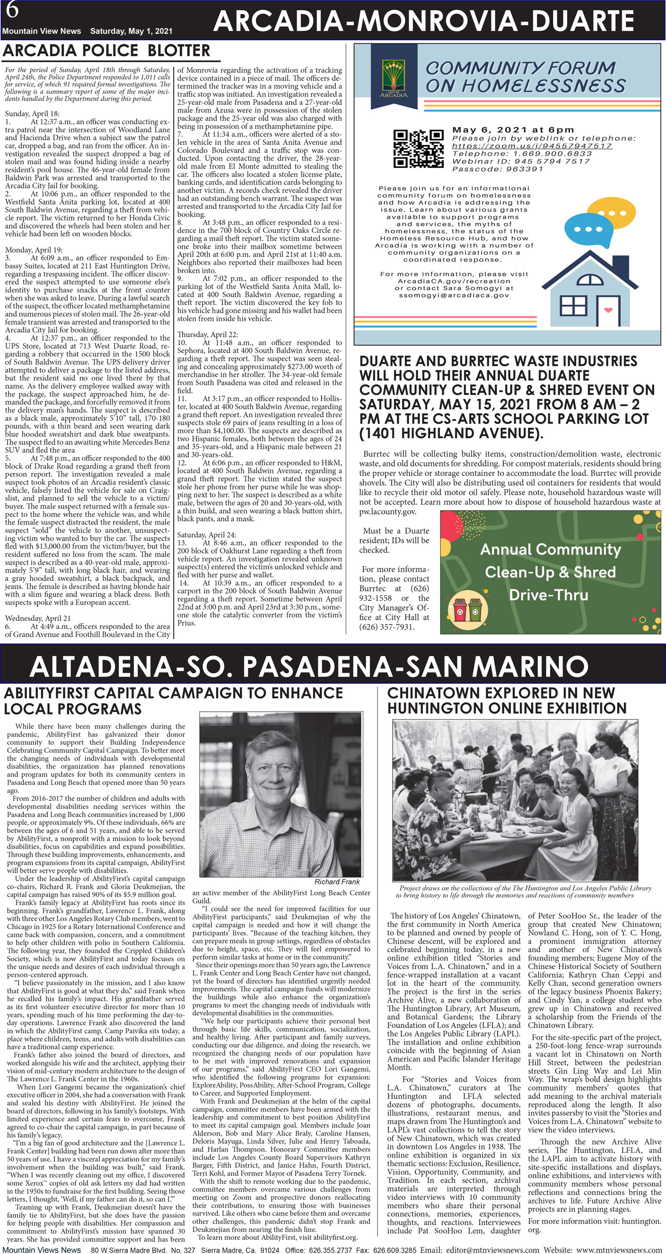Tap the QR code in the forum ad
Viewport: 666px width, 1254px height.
tap(419, 148)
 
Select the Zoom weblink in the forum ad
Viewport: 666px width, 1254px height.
tap(532, 146)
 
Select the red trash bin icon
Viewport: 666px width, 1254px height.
tap(459, 609)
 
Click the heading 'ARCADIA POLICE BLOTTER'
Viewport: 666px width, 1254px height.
tap(107, 51)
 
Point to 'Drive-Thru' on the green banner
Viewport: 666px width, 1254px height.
tap(549, 595)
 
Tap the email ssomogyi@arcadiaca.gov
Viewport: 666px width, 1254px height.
tap(454, 295)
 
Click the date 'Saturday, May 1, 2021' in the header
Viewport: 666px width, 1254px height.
tap(131, 31)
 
